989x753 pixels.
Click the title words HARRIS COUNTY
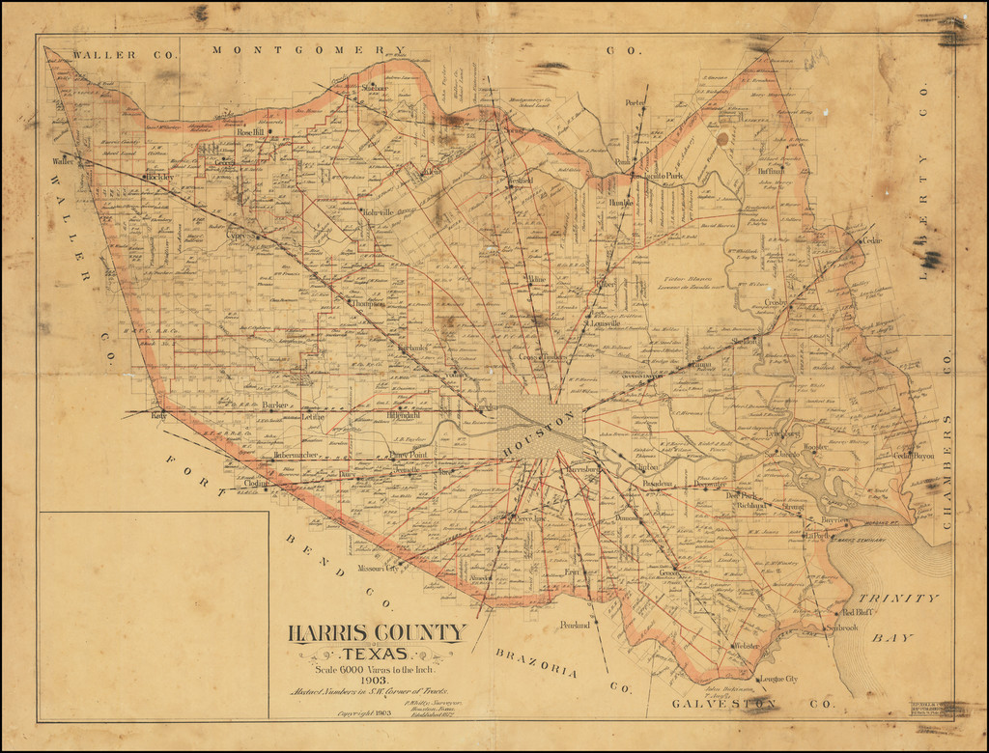377,633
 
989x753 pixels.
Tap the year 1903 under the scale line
375,680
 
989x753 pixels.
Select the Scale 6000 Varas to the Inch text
377,668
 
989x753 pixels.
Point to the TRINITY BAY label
899,611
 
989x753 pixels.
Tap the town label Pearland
574,626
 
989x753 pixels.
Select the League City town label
778,679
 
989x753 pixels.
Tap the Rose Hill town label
250,132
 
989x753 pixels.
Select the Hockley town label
159,178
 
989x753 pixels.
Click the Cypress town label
235,235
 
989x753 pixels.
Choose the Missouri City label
378,569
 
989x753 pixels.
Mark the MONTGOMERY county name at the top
309,50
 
